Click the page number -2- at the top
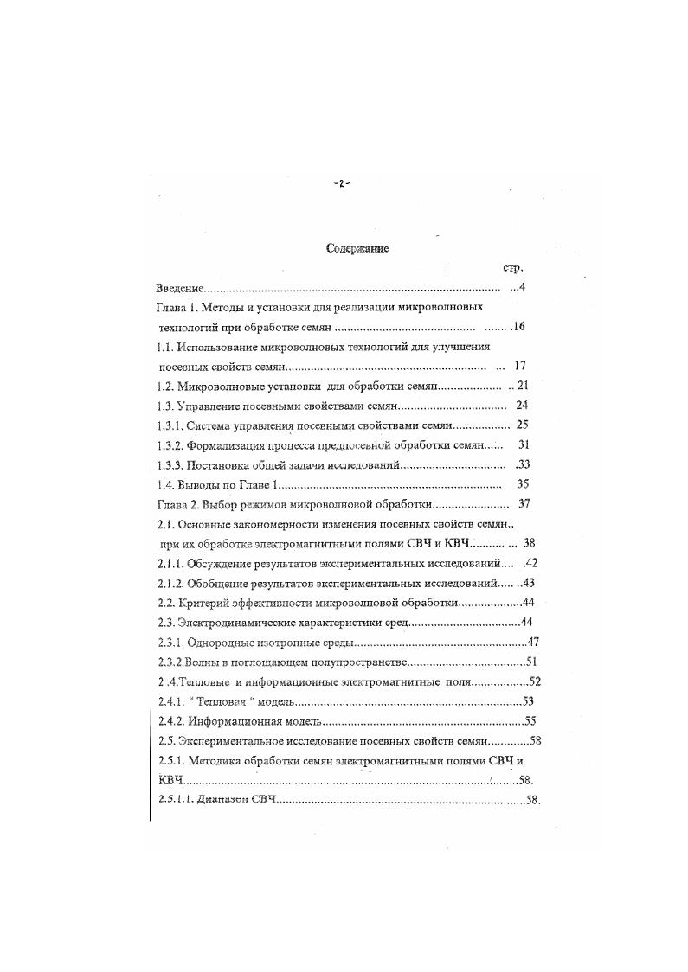pyautogui.click(x=342, y=183)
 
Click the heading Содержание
pyautogui.click(x=357, y=249)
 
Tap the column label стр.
pyautogui.click(x=511, y=269)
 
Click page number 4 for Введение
pyautogui.click(x=523, y=288)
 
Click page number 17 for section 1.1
pyautogui.click(x=521, y=367)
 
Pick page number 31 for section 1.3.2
pyautogui.click(x=523, y=444)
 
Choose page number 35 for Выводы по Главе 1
pyautogui.click(x=523, y=484)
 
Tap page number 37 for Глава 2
pyautogui.click(x=524, y=504)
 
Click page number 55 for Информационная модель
pyautogui.click(x=531, y=720)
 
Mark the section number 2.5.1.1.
pyautogui.click(x=177, y=800)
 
